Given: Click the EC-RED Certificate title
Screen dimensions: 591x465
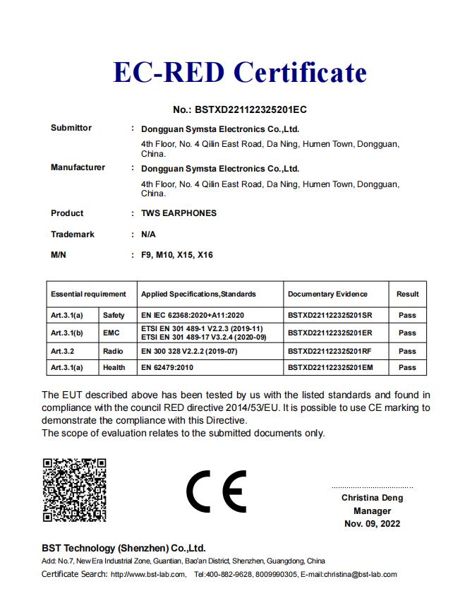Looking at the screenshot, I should coord(240,72).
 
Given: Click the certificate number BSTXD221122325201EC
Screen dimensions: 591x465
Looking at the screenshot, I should coord(240,109).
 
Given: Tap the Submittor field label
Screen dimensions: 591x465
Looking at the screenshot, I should coord(71,128).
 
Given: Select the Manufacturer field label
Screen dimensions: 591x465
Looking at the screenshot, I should coord(78,167).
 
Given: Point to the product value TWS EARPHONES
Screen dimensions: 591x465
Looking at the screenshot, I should coord(179,213).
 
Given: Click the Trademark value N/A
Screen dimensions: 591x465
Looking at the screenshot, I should coord(148,234).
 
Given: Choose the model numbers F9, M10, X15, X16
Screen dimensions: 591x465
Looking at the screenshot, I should coord(177,255).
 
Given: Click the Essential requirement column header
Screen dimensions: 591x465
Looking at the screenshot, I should coord(88,294).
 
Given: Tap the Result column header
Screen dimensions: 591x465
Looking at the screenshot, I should coord(407,294).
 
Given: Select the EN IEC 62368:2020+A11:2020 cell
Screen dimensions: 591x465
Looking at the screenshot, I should coord(193,315).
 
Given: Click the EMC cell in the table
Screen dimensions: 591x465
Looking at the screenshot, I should coord(112,333).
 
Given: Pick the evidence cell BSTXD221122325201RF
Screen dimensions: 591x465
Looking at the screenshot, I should coord(330,351).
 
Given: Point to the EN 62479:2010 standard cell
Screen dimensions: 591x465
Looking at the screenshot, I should coord(169,367).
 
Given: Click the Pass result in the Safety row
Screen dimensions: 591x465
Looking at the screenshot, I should coord(407,315).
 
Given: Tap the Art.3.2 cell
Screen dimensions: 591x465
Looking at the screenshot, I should coord(63,351).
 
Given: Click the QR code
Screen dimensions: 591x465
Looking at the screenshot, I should coord(74,489).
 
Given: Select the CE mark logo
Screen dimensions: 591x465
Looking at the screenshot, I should coord(216,490).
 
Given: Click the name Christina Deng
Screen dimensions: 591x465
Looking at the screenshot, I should coord(372,498).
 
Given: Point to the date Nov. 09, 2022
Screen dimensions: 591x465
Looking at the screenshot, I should coord(372,524).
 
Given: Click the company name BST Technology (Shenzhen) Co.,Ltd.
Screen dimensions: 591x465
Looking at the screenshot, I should coord(123,548).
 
